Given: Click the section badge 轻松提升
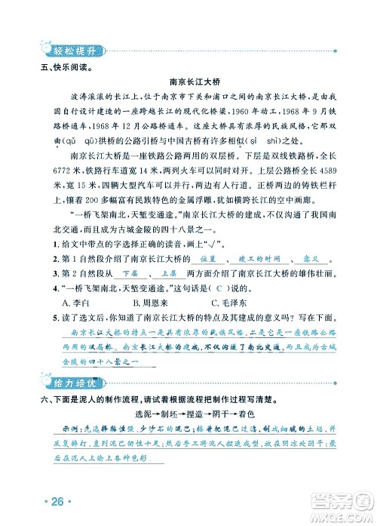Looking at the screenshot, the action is [x=70, y=51].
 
